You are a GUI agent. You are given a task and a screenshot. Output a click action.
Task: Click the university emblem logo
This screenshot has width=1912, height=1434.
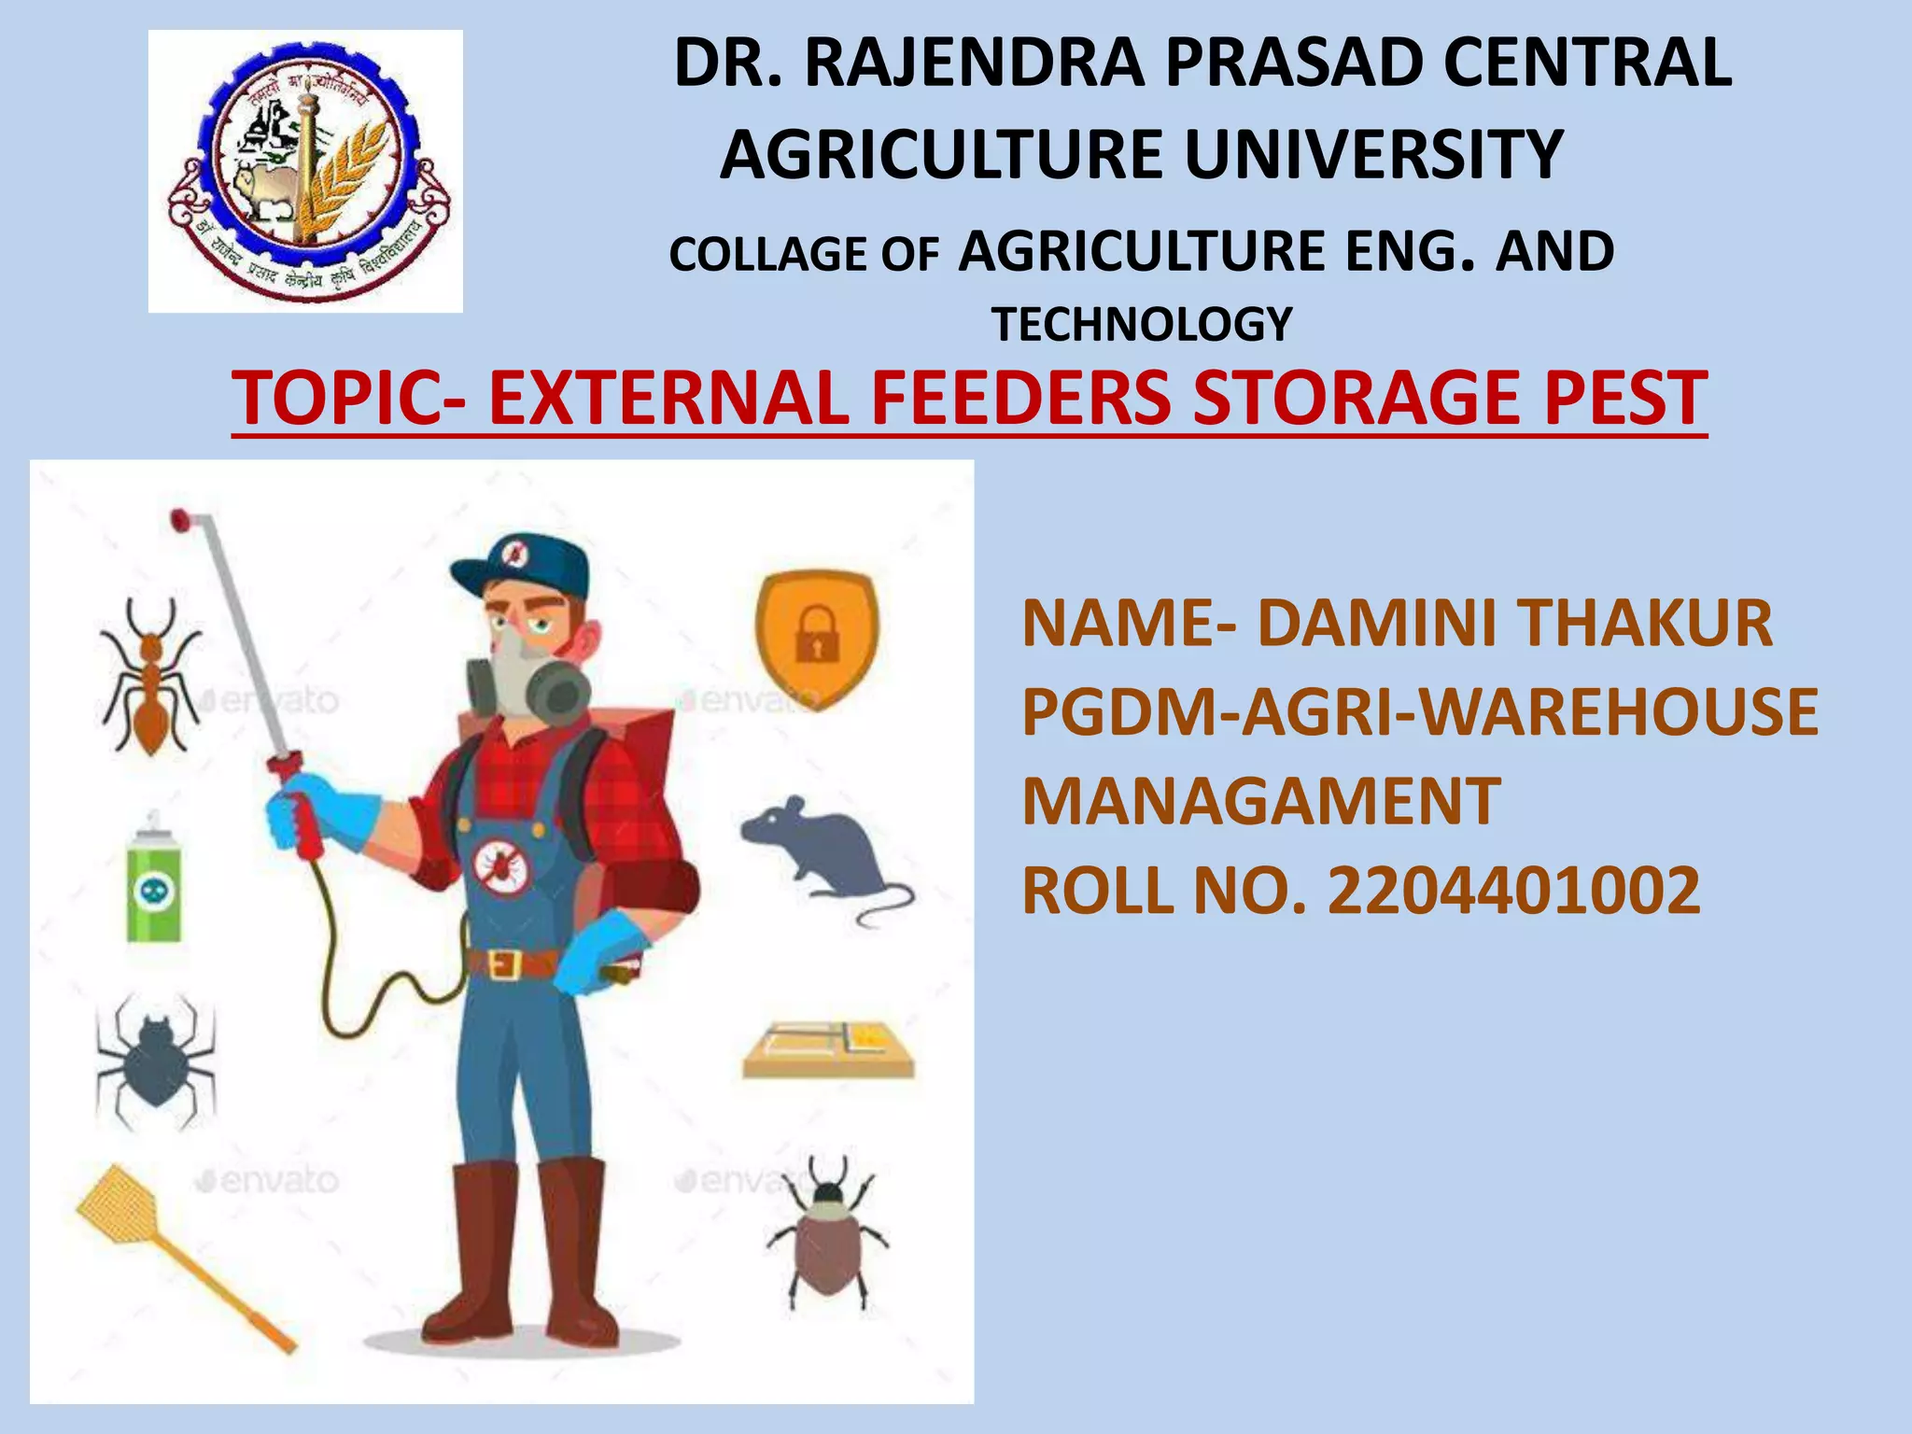click(305, 171)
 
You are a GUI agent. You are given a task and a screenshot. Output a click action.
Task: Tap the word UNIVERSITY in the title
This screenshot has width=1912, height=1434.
click(1372, 155)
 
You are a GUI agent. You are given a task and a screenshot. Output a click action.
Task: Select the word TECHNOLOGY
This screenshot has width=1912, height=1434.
click(1141, 325)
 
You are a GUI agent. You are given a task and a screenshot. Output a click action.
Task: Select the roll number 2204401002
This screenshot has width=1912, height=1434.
click(1512, 891)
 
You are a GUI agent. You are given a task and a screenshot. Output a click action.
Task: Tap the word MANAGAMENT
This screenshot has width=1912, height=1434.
click(1260, 802)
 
